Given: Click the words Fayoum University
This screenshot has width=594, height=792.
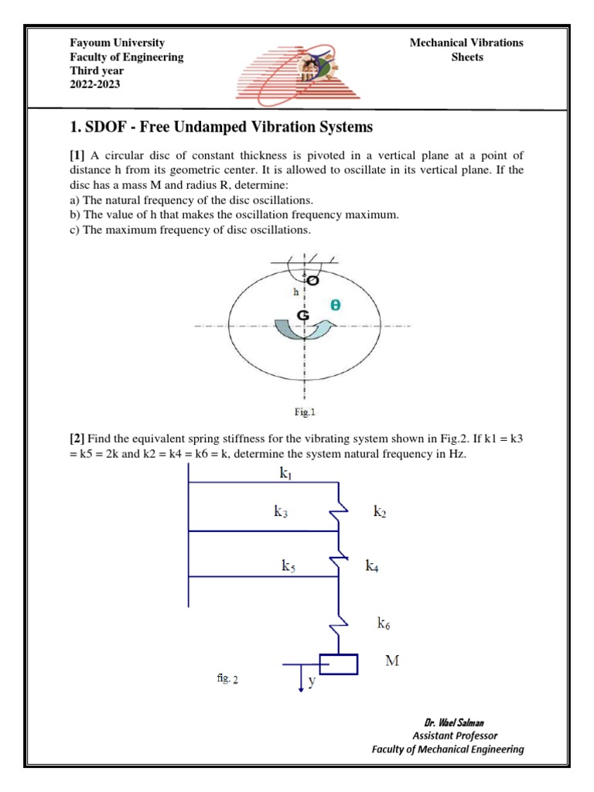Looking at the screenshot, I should (x=118, y=43).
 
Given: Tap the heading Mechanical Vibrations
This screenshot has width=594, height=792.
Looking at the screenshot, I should (x=466, y=43).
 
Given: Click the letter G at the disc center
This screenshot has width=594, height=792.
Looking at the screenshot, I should (x=304, y=316).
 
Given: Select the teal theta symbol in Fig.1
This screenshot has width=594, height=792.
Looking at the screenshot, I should (x=335, y=306).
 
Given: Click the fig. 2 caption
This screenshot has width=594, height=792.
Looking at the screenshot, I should (x=227, y=678).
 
